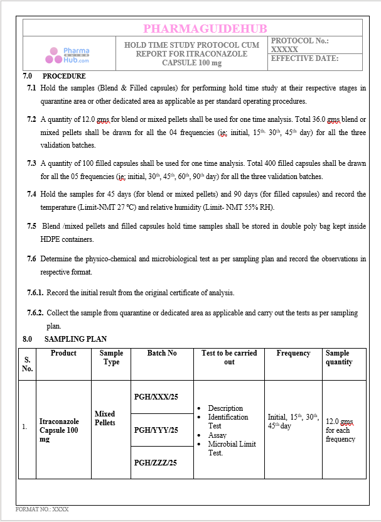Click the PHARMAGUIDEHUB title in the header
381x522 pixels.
[205, 28]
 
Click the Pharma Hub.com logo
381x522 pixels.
[67, 55]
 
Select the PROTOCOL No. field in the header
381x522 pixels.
[299, 45]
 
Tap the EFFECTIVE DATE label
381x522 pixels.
[304, 58]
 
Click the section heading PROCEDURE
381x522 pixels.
[64, 77]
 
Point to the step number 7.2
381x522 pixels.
[31, 119]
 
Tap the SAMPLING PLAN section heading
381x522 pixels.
[80, 339]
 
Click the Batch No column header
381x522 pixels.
[162, 353]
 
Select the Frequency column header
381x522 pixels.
[293, 353]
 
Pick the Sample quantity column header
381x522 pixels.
[339, 357]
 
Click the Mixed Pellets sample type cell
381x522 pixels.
[105, 418]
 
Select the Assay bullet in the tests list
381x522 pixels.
[217, 435]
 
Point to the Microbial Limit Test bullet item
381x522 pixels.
[232, 449]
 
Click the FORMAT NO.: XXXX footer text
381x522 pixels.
[42, 509]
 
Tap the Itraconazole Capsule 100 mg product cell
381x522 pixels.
[59, 430]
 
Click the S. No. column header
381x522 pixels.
[27, 364]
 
